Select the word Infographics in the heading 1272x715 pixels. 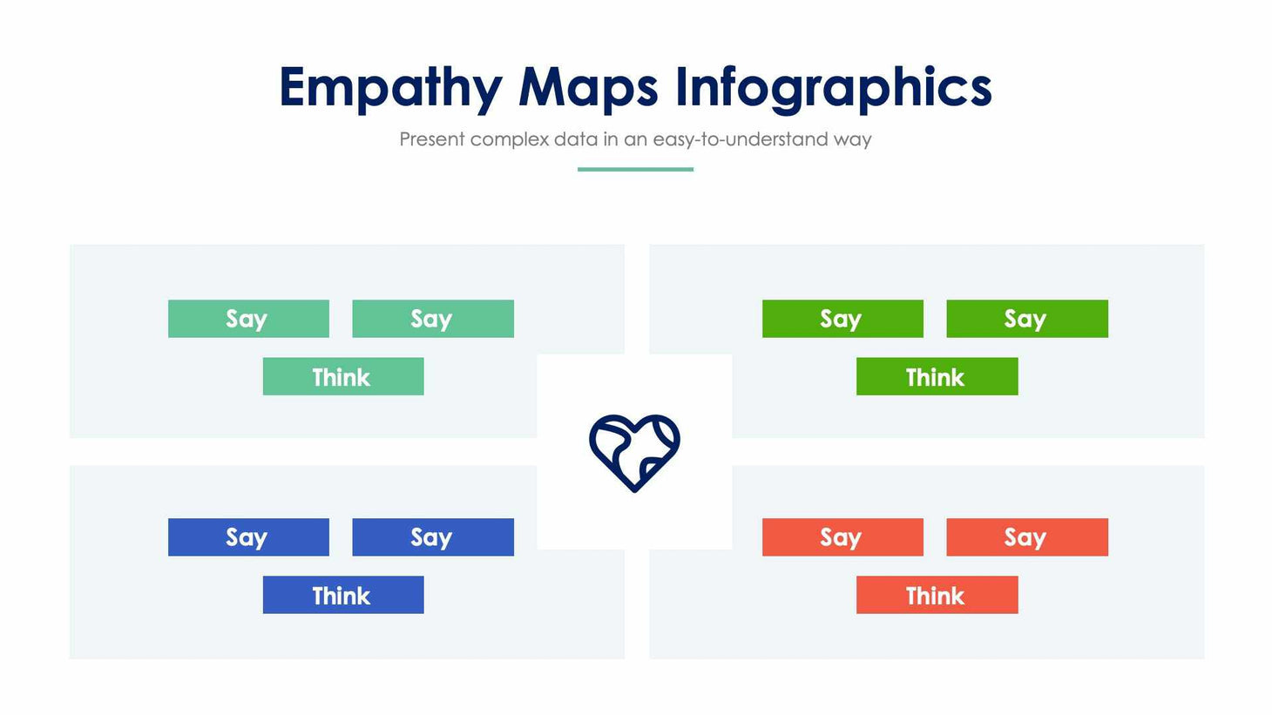[834, 88]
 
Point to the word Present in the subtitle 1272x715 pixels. [431, 139]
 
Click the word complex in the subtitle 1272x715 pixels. [510, 139]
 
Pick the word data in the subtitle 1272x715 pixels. [575, 139]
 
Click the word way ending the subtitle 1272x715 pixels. [852, 139]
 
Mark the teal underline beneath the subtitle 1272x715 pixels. [635, 169]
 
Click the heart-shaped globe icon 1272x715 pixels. [634, 452]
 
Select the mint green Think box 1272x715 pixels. [343, 376]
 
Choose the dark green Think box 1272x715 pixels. [937, 376]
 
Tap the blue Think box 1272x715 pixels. [343, 595]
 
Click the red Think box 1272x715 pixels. [937, 595]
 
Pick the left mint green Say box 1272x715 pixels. [248, 319]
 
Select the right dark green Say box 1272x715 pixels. [1027, 319]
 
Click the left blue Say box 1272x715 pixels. [248, 537]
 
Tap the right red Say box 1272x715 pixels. [1027, 537]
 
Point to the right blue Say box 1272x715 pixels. [433, 537]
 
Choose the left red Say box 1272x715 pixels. [842, 537]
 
